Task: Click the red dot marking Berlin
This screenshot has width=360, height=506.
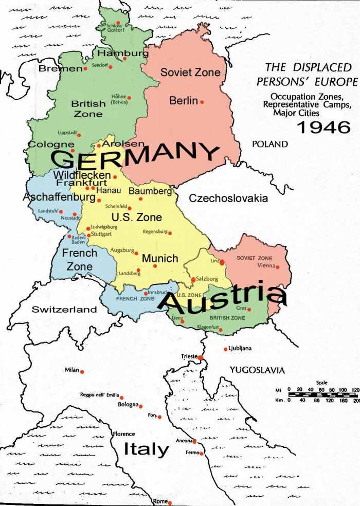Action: pyautogui.click(x=202, y=102)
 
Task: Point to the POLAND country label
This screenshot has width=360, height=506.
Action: pyautogui.click(x=269, y=144)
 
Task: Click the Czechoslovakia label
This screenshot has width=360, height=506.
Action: pyautogui.click(x=228, y=198)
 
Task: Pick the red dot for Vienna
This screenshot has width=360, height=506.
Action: pyautogui.click(x=277, y=267)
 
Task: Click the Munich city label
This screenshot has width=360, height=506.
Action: pyautogui.click(x=159, y=258)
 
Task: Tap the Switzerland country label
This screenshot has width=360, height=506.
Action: pyautogui.click(x=64, y=309)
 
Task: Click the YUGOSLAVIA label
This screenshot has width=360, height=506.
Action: pyautogui.click(x=257, y=370)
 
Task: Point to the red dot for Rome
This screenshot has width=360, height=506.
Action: pyautogui.click(x=170, y=502)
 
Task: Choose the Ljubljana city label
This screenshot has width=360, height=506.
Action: pyautogui.click(x=240, y=349)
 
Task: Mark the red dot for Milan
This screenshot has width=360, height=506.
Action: pyautogui.click(x=81, y=371)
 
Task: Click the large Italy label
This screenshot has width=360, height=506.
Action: pyautogui.click(x=146, y=449)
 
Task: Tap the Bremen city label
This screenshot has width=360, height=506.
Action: pyautogui.click(x=60, y=68)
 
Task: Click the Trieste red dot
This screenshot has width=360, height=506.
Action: pyautogui.click(x=201, y=357)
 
